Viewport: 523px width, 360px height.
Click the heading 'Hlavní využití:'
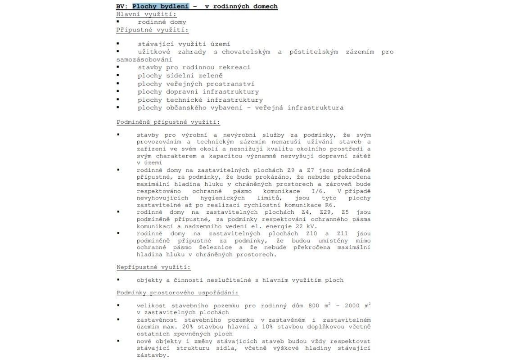coord(140,14)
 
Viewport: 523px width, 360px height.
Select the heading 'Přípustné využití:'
coord(152,30)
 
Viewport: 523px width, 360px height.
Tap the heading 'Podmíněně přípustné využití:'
coord(168,122)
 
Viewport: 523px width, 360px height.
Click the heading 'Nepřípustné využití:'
coord(153,267)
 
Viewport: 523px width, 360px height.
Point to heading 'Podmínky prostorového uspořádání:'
coord(177,293)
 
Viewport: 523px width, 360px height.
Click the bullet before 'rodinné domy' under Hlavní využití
coord(118,22)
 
